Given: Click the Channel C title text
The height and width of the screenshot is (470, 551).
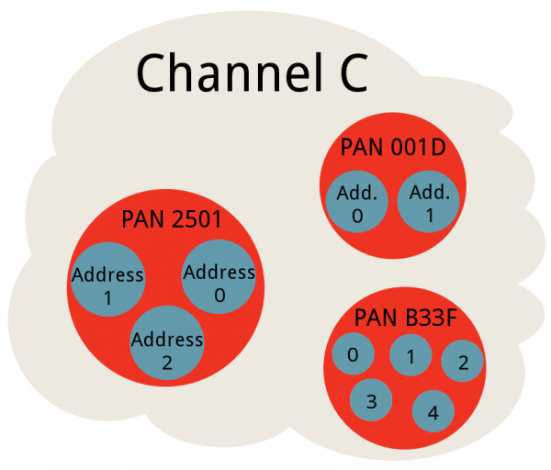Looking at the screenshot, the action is [x=252, y=73].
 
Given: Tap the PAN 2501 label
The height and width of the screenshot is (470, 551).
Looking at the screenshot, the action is [x=172, y=219].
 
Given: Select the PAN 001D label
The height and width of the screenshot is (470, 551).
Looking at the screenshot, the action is [x=393, y=147].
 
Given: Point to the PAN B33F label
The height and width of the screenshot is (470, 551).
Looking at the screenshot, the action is [x=405, y=318].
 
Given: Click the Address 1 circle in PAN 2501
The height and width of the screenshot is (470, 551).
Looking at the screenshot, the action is [x=107, y=279].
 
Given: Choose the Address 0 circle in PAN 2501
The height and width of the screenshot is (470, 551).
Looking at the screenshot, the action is [x=219, y=276].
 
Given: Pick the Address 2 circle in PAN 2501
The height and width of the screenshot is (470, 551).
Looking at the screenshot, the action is [x=167, y=342].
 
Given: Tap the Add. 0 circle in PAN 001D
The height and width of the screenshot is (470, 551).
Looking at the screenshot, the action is [x=357, y=202].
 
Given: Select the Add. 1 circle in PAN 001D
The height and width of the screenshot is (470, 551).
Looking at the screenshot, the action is [x=429, y=201].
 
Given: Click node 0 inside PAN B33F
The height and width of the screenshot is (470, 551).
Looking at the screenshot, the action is [x=354, y=353].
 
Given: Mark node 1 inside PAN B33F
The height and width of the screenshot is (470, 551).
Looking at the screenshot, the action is [x=410, y=355].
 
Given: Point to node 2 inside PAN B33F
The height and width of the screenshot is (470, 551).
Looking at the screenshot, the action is [x=463, y=361].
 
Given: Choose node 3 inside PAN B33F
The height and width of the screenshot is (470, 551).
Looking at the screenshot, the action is [x=371, y=399].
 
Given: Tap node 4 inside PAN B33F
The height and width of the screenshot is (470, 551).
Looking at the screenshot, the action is [x=433, y=411].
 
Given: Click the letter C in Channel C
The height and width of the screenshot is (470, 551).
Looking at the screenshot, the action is [x=354, y=73].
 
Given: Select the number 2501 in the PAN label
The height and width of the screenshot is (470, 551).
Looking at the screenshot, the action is [x=197, y=219].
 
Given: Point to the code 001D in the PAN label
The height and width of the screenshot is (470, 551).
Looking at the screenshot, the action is [x=418, y=147].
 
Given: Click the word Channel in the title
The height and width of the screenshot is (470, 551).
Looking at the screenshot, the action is [x=230, y=73].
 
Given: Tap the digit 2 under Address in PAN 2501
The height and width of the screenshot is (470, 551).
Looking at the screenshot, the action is [x=167, y=363].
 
